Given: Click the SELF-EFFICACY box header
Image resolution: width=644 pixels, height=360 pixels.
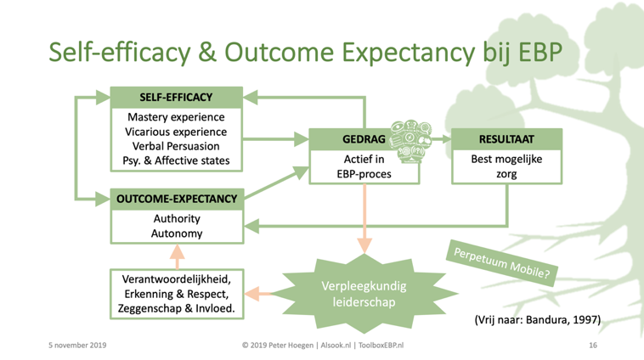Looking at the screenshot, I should (x=177, y=97).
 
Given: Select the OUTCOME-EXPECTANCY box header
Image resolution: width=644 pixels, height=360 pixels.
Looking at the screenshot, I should (x=177, y=200).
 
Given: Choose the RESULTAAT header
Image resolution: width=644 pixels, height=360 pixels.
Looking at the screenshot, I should (x=506, y=138).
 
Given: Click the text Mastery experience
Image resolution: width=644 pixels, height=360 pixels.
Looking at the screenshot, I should (x=177, y=117).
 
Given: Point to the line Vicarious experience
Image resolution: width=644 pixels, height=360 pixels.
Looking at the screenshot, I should (x=177, y=132).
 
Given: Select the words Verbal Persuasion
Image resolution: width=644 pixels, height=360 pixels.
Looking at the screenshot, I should (x=177, y=146).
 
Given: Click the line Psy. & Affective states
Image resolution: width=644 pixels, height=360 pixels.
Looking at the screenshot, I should (x=177, y=160).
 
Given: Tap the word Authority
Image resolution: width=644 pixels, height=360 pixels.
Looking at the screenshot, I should (x=177, y=219).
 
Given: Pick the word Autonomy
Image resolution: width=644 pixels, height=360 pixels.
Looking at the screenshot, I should (x=177, y=233).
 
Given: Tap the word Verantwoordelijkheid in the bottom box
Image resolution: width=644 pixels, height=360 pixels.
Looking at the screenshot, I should (x=177, y=278).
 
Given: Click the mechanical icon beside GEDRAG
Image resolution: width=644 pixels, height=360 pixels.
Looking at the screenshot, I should (x=410, y=138).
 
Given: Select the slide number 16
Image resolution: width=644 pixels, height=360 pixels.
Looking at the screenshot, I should (x=592, y=346).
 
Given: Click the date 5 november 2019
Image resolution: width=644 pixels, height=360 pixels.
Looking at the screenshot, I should (x=77, y=346).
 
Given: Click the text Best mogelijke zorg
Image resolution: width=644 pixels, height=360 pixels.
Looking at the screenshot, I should (x=506, y=166).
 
